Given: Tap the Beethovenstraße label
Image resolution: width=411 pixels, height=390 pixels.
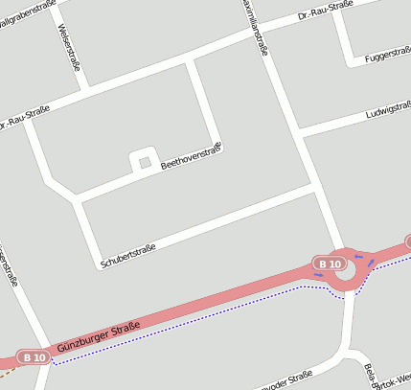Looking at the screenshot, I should tap(192, 155).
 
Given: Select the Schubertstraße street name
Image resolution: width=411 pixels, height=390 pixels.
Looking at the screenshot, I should tap(127, 256).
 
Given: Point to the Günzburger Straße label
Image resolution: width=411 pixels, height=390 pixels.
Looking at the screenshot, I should tap(99, 341).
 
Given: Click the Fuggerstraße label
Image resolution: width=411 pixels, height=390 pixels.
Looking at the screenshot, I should tap(387, 57).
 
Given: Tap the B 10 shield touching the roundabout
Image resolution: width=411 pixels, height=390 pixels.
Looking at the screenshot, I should tap(331, 263).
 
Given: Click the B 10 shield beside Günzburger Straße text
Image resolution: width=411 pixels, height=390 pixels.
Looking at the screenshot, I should tap(34, 356).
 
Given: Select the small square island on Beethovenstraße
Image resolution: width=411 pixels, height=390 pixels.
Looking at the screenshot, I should tap(145, 162).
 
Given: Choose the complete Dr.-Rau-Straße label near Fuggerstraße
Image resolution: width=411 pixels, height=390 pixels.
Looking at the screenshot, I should tap(326, 10).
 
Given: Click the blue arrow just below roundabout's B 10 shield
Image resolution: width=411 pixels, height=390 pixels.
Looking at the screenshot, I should tap(318, 275).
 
